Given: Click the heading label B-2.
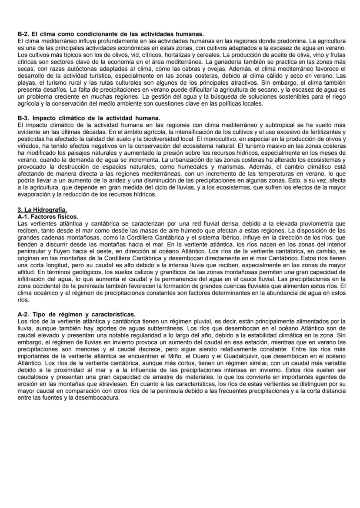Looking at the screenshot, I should [23, 33].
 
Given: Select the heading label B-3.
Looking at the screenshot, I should [23, 119].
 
